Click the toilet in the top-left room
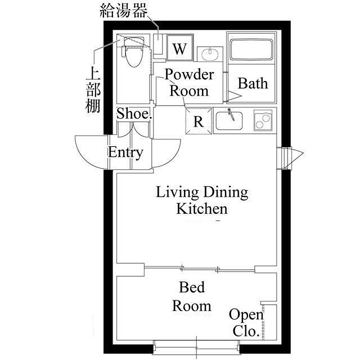[133, 52]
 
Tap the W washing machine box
[180, 48]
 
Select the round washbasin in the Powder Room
[210, 55]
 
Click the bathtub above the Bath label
[251, 49]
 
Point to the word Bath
[253, 83]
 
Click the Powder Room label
[190, 82]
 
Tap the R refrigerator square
[199, 121]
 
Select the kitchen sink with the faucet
[229, 120]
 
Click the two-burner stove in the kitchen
[263, 120]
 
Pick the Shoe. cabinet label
[134, 114]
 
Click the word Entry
[125, 152]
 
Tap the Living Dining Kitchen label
[202, 200]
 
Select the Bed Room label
[192, 296]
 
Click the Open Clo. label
[246, 322]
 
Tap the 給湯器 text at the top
[123, 10]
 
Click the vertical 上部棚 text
[93, 89]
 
